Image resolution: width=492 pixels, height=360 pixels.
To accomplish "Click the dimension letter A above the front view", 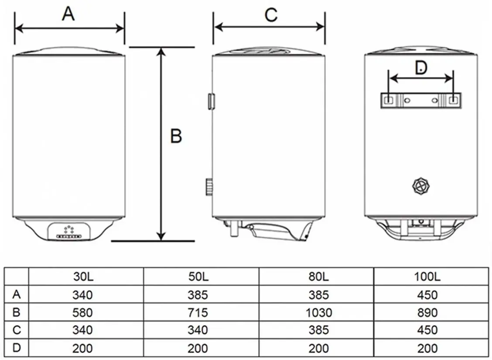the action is click(68, 14).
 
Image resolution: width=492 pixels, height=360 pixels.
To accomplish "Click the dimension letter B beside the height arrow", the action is click(176, 136).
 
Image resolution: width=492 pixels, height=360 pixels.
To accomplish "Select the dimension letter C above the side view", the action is click(271, 15).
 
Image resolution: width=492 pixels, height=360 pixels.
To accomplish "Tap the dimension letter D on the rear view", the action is click(421, 67).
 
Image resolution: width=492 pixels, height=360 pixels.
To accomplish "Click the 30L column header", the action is click(83, 277).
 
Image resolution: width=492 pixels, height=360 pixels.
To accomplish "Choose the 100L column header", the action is click(427, 277).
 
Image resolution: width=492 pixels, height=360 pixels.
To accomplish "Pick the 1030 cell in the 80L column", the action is click(319, 312).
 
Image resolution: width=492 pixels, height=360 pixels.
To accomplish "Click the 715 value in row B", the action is click(198, 312).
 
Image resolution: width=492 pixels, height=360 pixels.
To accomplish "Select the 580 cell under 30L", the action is click(82, 312).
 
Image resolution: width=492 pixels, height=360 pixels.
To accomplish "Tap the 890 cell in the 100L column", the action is click(427, 312).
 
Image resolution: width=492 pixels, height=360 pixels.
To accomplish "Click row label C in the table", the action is click(17, 330).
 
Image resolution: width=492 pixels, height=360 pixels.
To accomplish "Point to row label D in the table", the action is click(17, 348).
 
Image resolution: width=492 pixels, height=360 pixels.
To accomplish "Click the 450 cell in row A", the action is click(427, 295).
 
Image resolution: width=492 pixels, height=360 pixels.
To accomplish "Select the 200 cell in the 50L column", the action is click(198, 348).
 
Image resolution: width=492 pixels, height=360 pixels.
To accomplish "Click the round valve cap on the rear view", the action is click(421, 186).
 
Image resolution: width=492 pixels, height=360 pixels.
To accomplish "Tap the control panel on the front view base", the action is click(69, 232).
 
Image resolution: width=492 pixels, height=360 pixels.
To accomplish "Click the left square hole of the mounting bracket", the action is click(389, 100).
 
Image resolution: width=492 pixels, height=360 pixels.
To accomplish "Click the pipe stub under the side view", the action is click(234, 228).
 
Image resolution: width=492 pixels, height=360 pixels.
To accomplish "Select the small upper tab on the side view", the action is click(211, 101).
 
